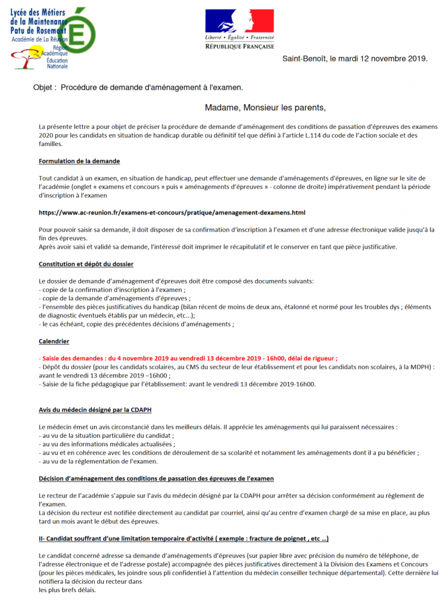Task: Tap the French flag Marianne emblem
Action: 239,21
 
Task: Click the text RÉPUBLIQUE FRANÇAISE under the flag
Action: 239,46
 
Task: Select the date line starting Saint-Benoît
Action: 354,59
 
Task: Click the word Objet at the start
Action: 44,88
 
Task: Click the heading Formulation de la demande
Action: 79,161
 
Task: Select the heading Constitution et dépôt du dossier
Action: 86,264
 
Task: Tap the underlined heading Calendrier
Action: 54,341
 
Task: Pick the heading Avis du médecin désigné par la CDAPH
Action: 101,410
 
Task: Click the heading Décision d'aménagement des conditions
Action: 156,478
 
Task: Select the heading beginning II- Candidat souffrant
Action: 183,539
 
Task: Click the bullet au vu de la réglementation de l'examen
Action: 89,461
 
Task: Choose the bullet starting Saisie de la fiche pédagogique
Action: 177,384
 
